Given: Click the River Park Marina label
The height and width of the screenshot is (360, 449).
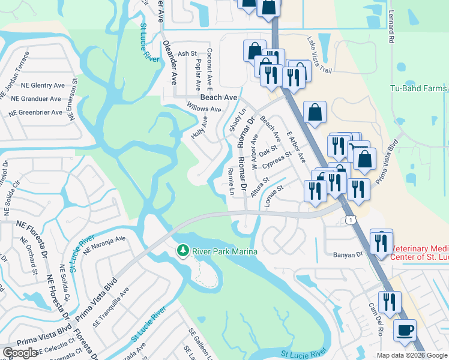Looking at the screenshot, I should point(224,251).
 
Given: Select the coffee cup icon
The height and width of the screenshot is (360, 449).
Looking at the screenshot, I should point(405,331).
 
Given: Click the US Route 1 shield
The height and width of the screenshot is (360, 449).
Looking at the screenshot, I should point(350,221).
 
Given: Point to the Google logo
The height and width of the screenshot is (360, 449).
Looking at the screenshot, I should point(20,353).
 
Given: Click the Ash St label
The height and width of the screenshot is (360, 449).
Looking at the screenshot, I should point(187,54).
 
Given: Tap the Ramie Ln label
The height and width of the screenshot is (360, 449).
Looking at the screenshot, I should point(231,181).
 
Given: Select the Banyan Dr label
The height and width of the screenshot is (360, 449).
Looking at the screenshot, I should point(349,254).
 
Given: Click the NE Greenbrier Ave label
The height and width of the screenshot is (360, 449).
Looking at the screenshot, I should point(37,112).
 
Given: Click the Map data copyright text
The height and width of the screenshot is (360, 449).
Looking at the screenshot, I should point(411,355).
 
